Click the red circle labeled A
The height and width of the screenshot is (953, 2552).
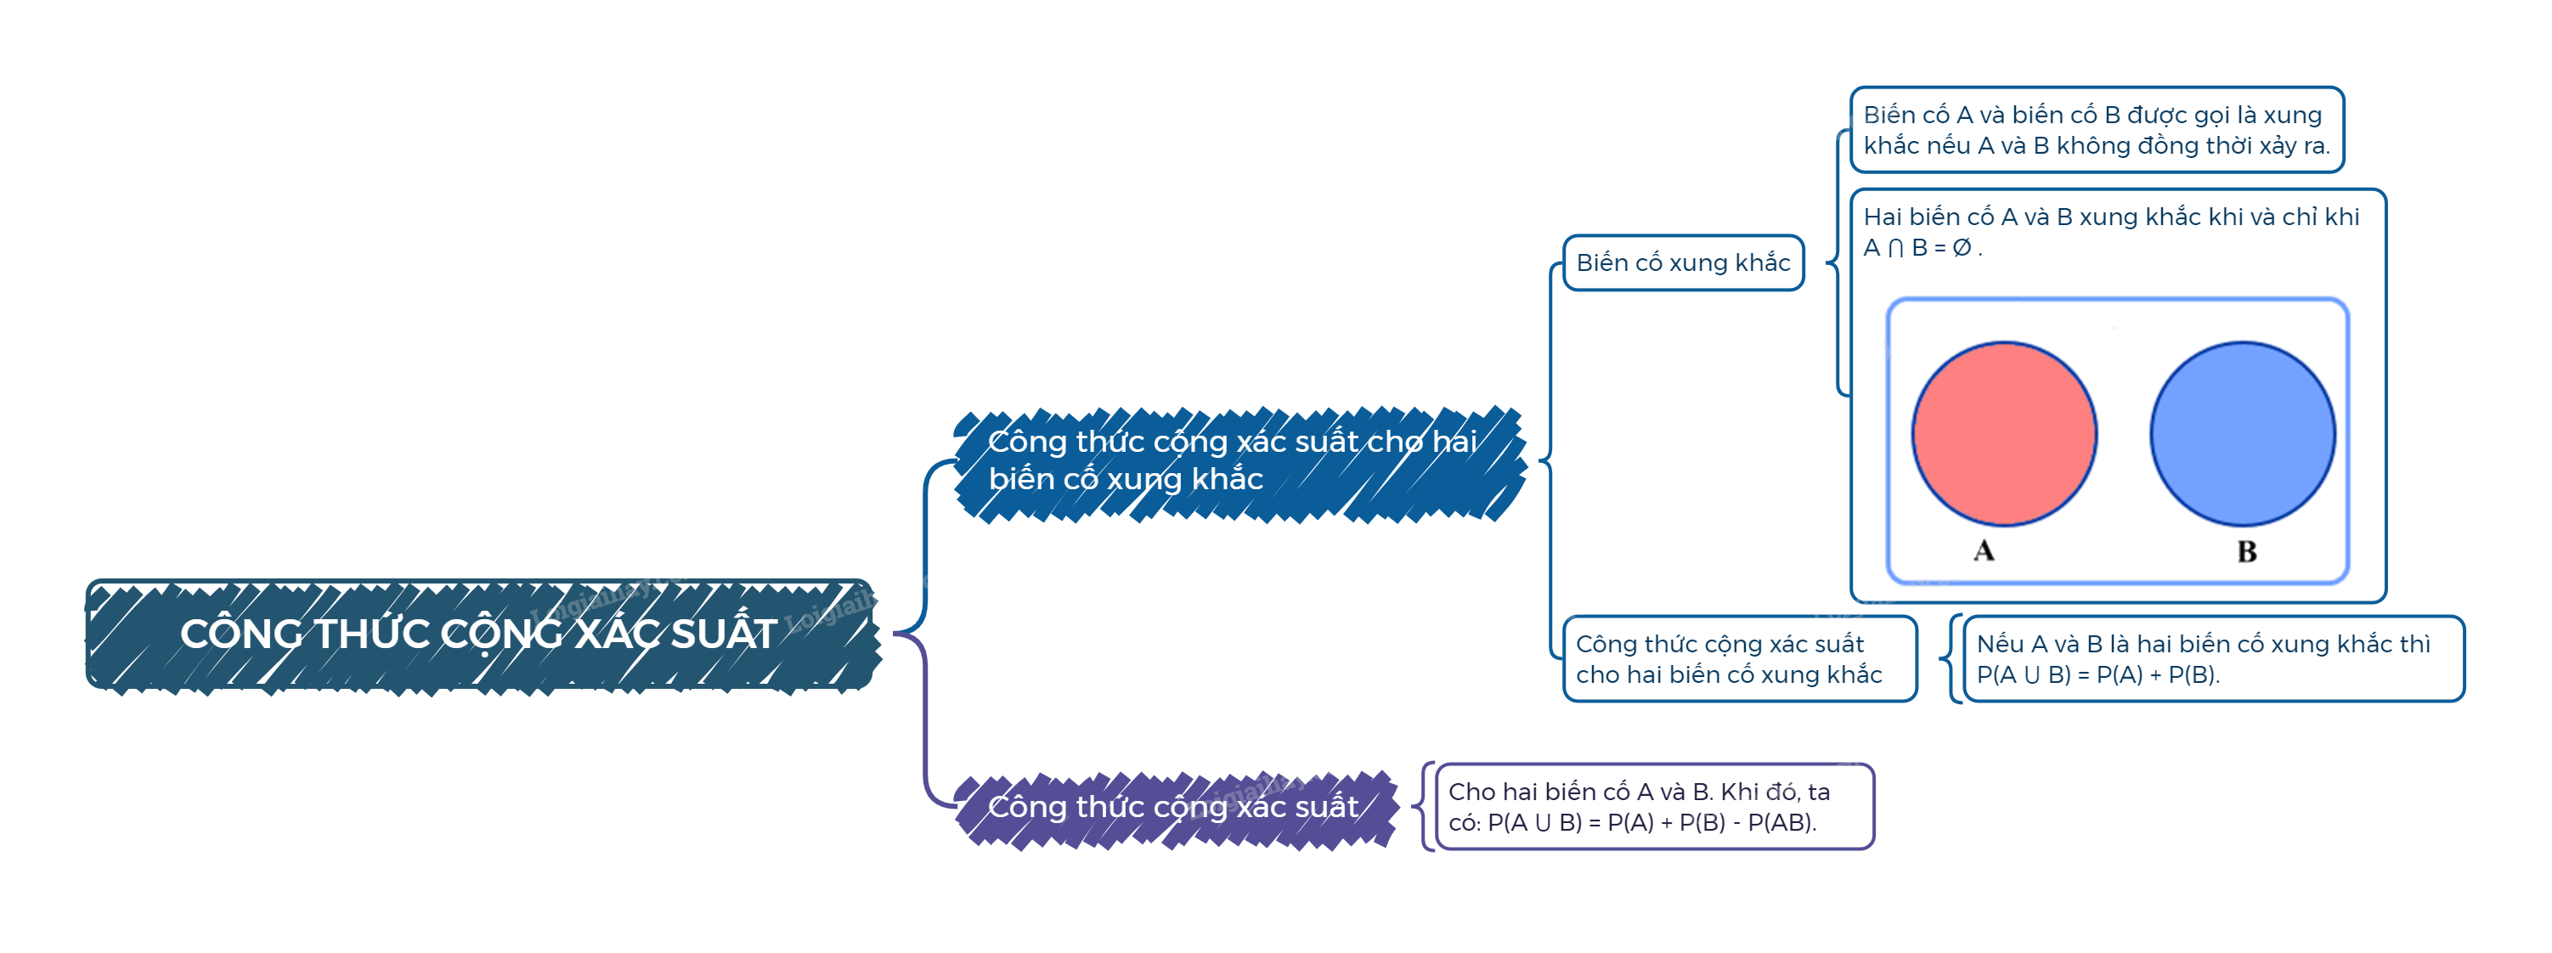2003,434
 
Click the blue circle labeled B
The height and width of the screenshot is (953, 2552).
2242,434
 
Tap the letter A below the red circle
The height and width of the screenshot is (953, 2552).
1984,550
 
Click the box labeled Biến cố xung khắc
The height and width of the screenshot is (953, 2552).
1682,262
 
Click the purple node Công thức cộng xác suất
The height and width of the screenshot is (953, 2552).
1173,808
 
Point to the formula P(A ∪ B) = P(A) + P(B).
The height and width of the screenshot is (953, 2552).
2097,674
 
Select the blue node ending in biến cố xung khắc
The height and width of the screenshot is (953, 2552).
1234,460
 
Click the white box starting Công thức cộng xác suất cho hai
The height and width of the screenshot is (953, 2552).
1729,659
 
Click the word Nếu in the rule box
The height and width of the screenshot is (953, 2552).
1999,644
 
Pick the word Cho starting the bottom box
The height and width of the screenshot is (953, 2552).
1471,792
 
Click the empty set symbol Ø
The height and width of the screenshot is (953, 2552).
1962,248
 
